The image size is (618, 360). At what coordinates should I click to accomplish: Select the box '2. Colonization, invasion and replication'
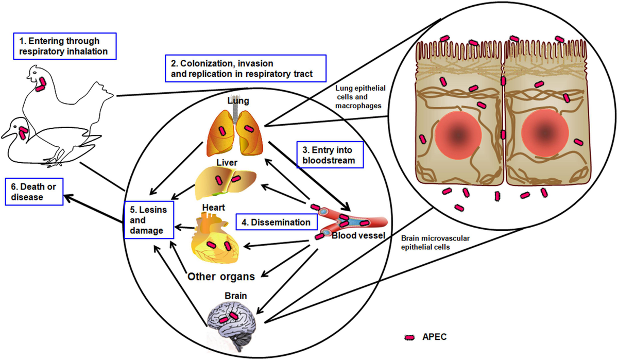tap(246, 68)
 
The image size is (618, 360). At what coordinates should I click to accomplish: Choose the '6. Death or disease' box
tap(35, 191)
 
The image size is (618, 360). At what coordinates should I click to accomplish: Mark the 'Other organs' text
tap(221, 276)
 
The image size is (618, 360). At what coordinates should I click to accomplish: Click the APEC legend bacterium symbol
tap(409, 337)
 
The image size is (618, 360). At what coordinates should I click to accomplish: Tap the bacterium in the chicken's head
tap(41, 82)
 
